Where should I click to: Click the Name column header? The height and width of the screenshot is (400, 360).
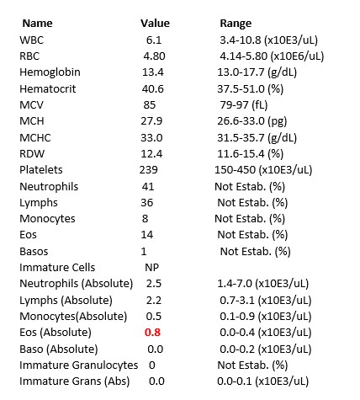(40, 24)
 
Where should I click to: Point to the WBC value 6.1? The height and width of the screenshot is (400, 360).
(154, 40)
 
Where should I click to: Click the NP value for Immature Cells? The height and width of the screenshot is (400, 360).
(153, 267)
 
